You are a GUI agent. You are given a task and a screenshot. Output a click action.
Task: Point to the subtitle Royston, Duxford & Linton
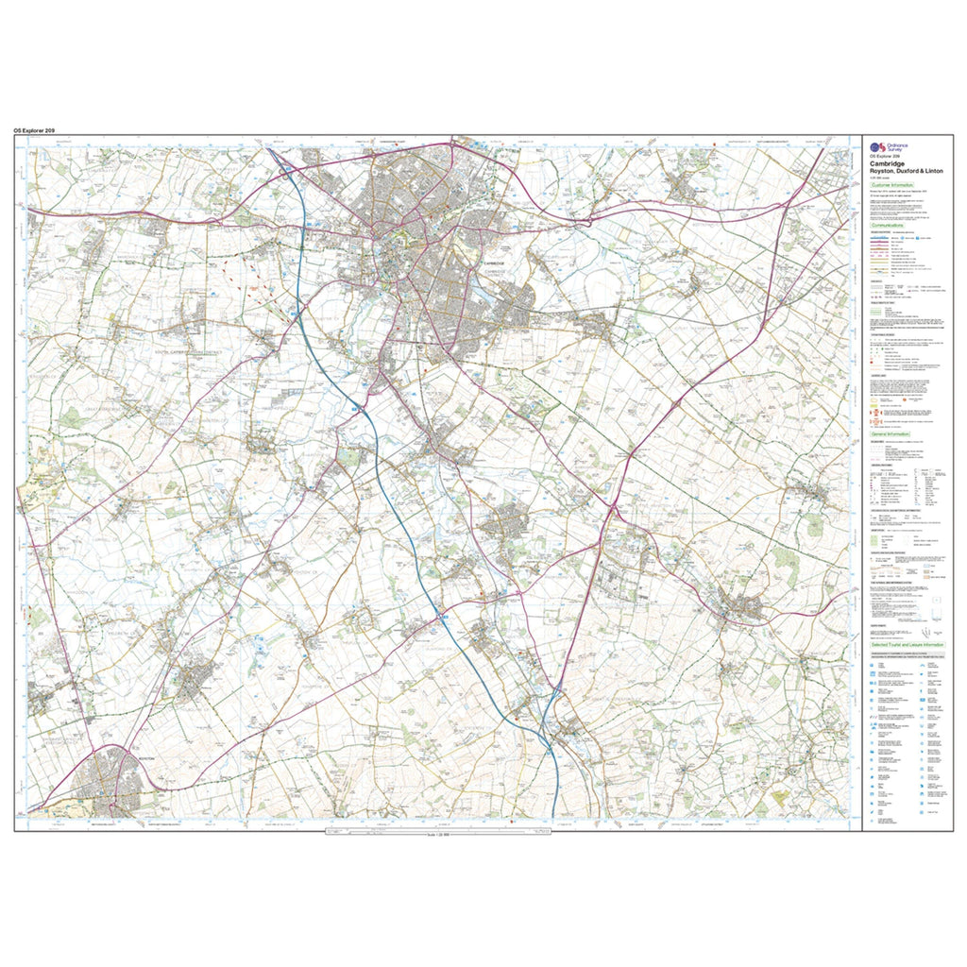tap(903, 170)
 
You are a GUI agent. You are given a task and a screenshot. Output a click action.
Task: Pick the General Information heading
tap(891, 433)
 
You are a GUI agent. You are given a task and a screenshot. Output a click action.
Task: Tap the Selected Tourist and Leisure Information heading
tap(906, 644)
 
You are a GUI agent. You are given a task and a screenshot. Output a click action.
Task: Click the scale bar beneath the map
tap(436, 832)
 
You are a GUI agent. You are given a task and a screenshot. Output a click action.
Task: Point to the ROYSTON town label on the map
tap(144, 758)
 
